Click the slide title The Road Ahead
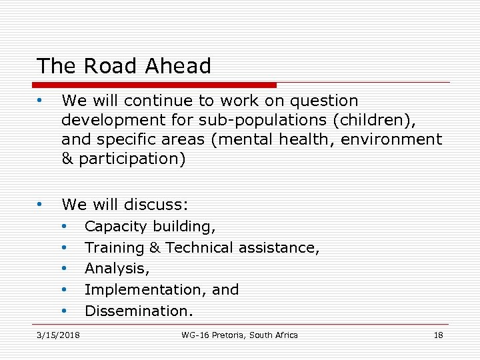click(124, 66)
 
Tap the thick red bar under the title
click(154, 85)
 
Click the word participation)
click(132, 159)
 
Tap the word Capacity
click(116, 227)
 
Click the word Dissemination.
click(139, 311)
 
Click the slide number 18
click(438, 335)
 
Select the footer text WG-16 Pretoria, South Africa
click(240, 335)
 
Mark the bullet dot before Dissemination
click(65, 311)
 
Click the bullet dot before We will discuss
click(41, 203)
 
